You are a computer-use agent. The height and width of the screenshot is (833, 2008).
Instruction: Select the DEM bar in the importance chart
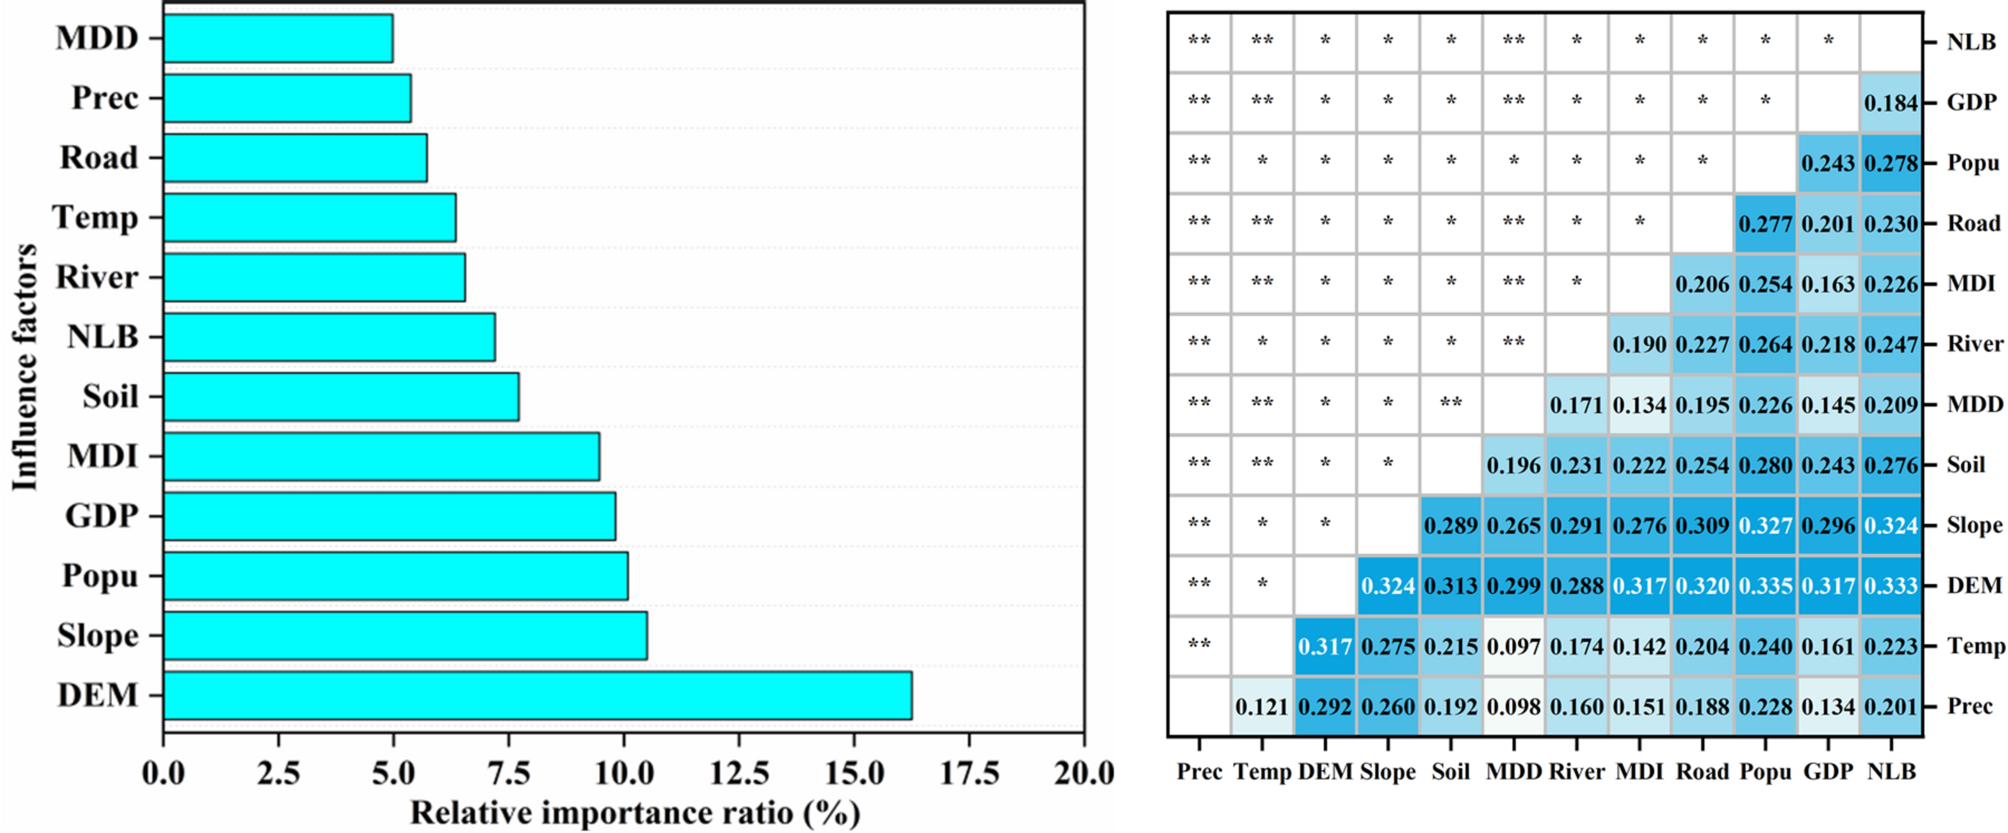pyautogui.click(x=537, y=695)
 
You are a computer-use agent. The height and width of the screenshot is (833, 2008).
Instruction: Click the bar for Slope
pyautogui.click(x=405, y=636)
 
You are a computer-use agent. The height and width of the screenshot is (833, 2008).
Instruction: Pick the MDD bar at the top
pyautogui.click(x=278, y=38)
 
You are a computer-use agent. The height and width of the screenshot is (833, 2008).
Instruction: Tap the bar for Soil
pyautogui.click(x=341, y=397)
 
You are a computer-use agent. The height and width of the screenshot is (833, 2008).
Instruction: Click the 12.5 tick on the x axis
pyautogui.click(x=738, y=772)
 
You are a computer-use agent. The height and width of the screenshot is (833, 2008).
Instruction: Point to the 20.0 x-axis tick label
pyautogui.click(x=1083, y=772)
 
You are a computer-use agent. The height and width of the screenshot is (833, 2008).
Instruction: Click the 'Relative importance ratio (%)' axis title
pyautogui.click(x=635, y=812)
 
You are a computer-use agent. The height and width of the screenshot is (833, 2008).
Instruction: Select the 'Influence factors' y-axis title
pyautogui.click(x=24, y=367)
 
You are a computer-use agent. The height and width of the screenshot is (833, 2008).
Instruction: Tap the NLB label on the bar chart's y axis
pyautogui.click(x=102, y=337)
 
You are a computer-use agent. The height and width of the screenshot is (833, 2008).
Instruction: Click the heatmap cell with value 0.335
pyautogui.click(x=1765, y=586)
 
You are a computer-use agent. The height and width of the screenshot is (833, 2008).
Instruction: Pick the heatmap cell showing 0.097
pyautogui.click(x=1513, y=646)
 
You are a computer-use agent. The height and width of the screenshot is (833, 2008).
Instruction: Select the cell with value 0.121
pyautogui.click(x=1262, y=707)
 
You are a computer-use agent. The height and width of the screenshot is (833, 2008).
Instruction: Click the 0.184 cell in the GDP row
pyautogui.click(x=1891, y=102)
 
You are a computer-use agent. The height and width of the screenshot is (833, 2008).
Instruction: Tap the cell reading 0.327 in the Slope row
pyautogui.click(x=1765, y=526)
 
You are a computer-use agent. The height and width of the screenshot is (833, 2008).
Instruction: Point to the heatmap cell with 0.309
pyautogui.click(x=1702, y=526)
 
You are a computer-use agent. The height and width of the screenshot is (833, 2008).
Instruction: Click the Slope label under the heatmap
pyautogui.click(x=1387, y=772)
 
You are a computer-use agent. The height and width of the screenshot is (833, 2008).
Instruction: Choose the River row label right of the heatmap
pyautogui.click(x=1974, y=344)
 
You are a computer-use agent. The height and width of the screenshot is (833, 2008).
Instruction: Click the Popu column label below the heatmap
pyautogui.click(x=1765, y=772)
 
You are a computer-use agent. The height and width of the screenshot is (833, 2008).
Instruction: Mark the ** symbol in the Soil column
pyautogui.click(x=1450, y=403)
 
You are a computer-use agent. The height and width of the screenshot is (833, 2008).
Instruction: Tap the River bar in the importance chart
pyautogui.click(x=314, y=277)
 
